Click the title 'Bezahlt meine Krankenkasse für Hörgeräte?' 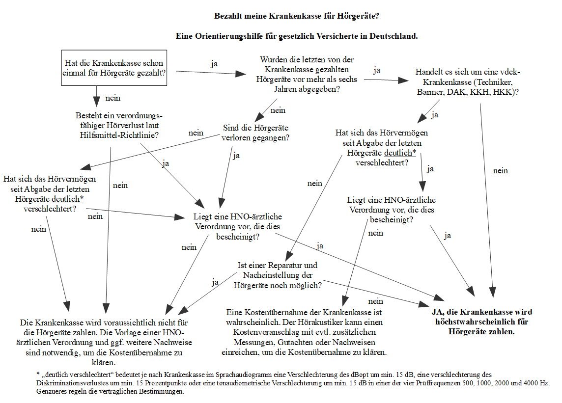pyautogui.click(x=297, y=16)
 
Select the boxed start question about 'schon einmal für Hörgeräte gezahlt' pyautogui.click(x=114, y=68)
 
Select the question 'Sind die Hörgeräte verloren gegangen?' pyautogui.click(x=255, y=133)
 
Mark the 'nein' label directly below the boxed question pyautogui.click(x=113, y=98)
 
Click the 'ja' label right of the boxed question pyautogui.click(x=214, y=64)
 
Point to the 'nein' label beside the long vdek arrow pyautogui.click(x=500, y=171)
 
